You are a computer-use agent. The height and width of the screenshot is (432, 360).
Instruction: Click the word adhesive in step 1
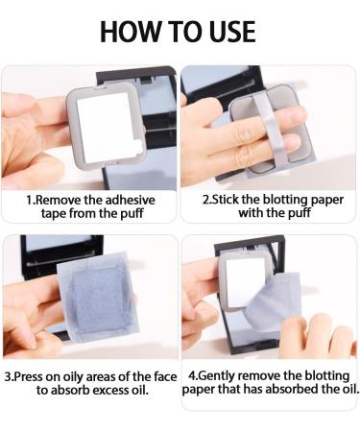coord(130,200)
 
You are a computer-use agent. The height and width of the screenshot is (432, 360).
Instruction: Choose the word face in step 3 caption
coord(165,376)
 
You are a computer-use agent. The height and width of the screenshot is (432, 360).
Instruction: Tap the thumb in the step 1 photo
coord(31,168)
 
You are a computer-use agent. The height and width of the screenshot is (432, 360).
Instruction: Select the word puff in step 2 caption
coord(300,213)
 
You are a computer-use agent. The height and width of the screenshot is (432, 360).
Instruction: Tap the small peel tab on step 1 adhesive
coord(138,146)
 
